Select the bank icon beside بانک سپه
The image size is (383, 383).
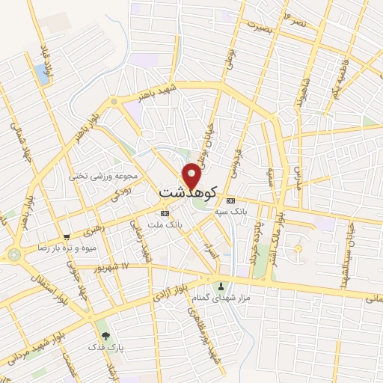230,200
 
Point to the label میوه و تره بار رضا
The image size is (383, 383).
49,246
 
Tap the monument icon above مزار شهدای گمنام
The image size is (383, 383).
221,287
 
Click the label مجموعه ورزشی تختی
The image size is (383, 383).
104,177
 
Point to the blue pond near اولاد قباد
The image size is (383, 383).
40,73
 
